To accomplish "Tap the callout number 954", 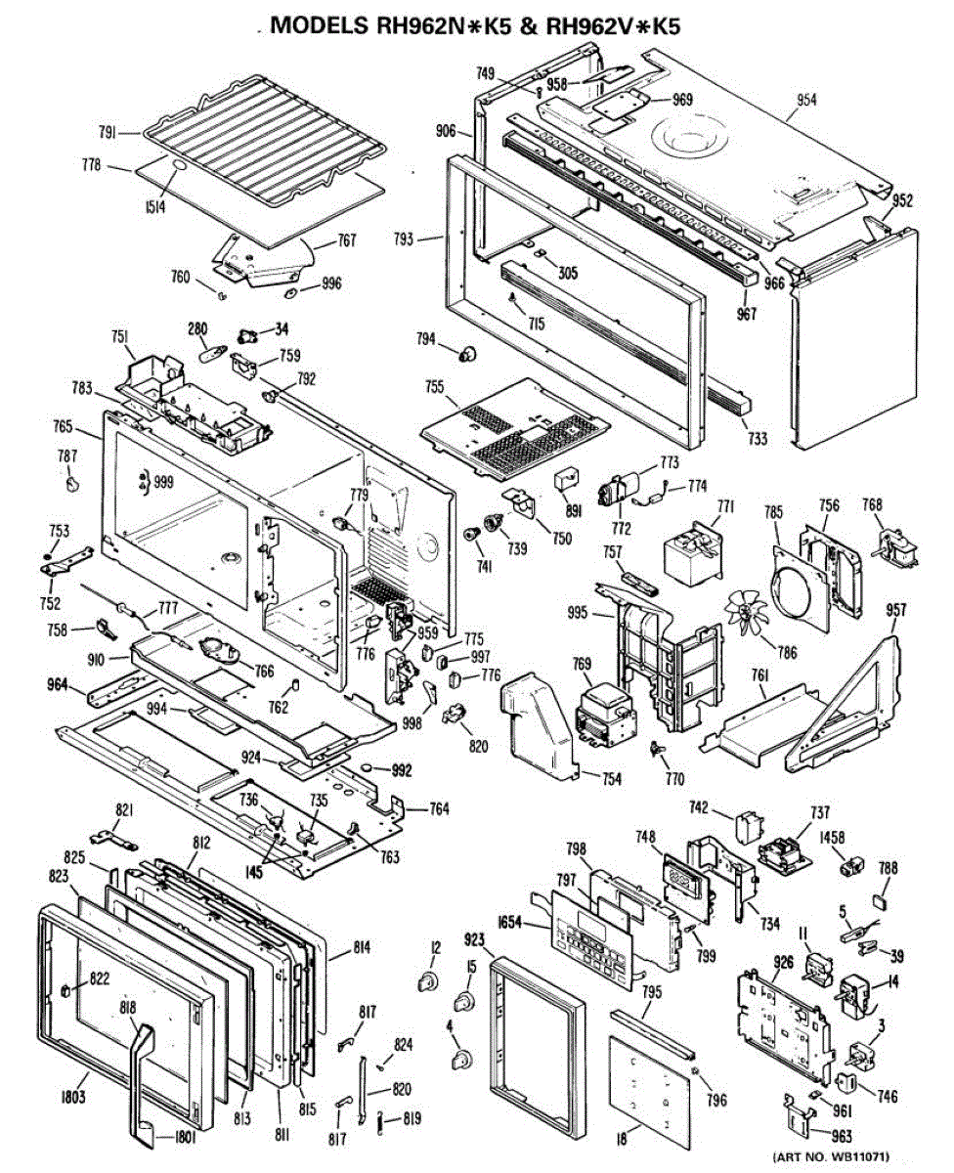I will [x=806, y=100].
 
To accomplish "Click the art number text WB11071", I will [x=830, y=1156].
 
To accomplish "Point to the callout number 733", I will [x=757, y=438].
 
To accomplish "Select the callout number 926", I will [x=782, y=963].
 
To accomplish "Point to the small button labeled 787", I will [x=70, y=482].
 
